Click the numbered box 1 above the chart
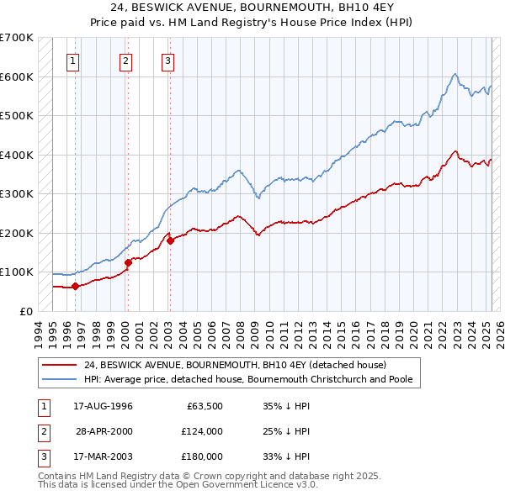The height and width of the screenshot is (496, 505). pos(74,61)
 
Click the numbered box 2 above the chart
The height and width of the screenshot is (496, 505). pos(125,61)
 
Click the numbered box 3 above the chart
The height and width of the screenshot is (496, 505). pos(167,61)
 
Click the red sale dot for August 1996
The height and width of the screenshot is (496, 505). pos(75,286)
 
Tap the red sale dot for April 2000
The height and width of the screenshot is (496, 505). pos(128,262)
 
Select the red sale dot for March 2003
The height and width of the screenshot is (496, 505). pos(170,240)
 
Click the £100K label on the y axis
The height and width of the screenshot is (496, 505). pos(16,272)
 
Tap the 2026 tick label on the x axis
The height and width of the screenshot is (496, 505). pos(499,334)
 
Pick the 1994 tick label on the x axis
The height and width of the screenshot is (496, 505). pos(38,334)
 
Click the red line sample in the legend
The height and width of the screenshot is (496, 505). pos(60,366)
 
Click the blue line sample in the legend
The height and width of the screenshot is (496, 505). pos(60,379)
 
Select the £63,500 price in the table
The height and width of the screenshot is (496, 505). pos(202,406)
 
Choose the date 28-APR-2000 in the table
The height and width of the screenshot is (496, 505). pos(104,431)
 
